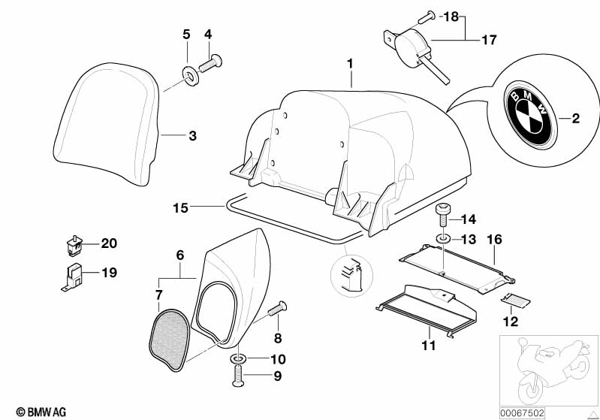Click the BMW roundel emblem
tap(530, 114)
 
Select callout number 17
tap(489, 40)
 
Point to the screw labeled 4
tap(210, 63)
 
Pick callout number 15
tap(181, 208)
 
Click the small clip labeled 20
tap(73, 245)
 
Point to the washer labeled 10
tap(238, 359)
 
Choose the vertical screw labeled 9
tap(237, 375)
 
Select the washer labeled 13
tap(443, 239)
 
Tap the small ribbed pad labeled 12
tap(515, 300)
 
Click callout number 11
tap(429, 346)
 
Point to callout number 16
tap(494, 240)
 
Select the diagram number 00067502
tap(522, 413)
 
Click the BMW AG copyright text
tap(41, 412)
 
